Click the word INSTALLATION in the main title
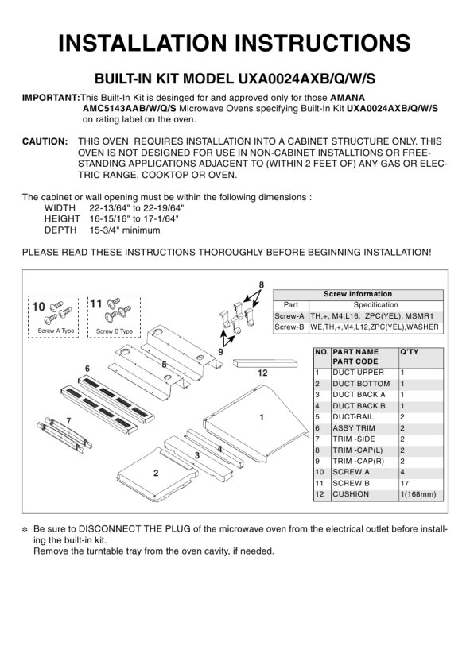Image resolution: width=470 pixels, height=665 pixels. (142, 43)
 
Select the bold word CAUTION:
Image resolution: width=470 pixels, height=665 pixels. (45, 141)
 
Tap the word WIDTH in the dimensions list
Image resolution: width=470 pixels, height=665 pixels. (60, 208)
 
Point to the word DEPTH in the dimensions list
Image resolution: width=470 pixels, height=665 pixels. (60, 230)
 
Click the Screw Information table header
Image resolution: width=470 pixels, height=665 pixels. (358, 294)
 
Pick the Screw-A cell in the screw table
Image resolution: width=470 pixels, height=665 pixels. (289, 316)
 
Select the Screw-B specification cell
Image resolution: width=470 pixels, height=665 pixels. (375, 327)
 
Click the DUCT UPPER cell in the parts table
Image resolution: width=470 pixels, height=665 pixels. (358, 373)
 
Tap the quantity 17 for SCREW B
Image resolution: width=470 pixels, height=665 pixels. (405, 483)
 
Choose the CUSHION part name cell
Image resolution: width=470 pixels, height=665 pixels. (351, 494)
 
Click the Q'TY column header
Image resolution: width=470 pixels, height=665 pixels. (410, 352)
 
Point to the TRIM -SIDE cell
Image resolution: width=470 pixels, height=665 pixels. (354, 439)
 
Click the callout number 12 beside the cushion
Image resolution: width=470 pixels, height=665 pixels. (262, 373)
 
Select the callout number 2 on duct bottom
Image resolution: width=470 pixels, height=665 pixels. (156, 473)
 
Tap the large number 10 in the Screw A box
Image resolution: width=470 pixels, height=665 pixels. (39, 306)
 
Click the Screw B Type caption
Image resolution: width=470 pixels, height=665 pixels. (115, 331)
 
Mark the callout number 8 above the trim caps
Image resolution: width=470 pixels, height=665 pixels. (262, 285)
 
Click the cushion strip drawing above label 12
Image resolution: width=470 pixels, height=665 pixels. (265, 363)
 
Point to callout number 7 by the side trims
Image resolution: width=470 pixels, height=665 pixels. (68, 421)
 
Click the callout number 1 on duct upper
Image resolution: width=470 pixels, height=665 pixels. (262, 417)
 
